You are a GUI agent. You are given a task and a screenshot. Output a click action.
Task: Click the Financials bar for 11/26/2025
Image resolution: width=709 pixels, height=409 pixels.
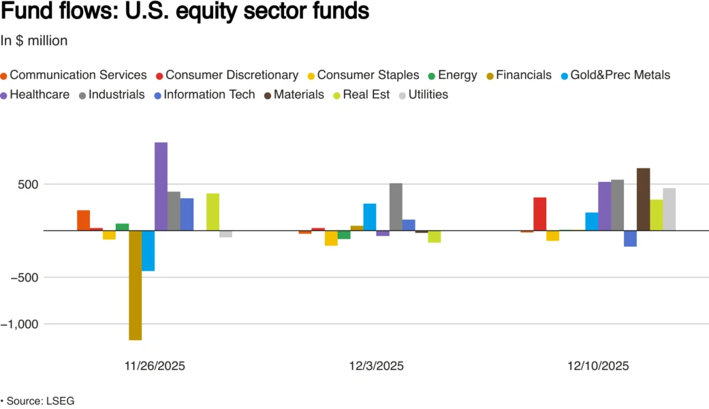pyautogui.click(x=135, y=285)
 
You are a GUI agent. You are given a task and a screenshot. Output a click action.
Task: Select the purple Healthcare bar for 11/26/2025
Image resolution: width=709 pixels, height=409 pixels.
pyautogui.click(x=161, y=186)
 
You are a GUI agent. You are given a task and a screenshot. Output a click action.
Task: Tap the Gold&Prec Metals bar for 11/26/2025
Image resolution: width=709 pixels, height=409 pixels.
pyautogui.click(x=148, y=250)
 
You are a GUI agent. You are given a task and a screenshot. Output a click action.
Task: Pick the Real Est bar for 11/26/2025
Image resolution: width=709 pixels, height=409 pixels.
pyautogui.click(x=212, y=212)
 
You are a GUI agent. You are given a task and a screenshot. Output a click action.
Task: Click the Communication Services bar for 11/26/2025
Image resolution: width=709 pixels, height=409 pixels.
pyautogui.click(x=83, y=220)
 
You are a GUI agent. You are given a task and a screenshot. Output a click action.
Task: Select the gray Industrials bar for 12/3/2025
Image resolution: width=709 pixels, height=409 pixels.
pyautogui.click(x=396, y=207)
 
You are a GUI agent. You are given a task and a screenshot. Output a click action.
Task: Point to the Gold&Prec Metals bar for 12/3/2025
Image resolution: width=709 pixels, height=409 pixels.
pyautogui.click(x=370, y=217)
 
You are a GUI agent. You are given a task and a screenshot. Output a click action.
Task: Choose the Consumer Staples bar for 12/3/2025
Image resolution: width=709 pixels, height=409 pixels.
pyautogui.click(x=331, y=238)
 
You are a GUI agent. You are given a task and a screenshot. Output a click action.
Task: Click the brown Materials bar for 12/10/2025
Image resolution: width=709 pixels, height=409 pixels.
pyautogui.click(x=643, y=199)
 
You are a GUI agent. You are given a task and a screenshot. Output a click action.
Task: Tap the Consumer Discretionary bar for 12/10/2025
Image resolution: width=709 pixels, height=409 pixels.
pyautogui.click(x=539, y=213)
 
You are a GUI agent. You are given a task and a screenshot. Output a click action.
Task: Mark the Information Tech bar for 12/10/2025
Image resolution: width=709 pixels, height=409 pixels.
pyautogui.click(x=630, y=238)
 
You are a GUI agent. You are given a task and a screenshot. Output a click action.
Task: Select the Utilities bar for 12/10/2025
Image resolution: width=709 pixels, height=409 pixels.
pyautogui.click(x=669, y=209)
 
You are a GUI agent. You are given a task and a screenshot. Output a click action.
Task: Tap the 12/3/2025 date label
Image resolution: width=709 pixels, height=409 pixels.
pyautogui.click(x=376, y=365)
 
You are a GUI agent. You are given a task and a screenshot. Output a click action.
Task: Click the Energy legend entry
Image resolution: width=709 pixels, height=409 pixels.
pyautogui.click(x=457, y=75)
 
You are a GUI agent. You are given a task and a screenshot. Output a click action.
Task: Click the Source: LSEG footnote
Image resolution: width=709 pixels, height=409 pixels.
pyautogui.click(x=39, y=401)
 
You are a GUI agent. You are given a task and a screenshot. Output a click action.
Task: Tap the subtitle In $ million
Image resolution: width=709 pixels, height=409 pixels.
pyautogui.click(x=34, y=41)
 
